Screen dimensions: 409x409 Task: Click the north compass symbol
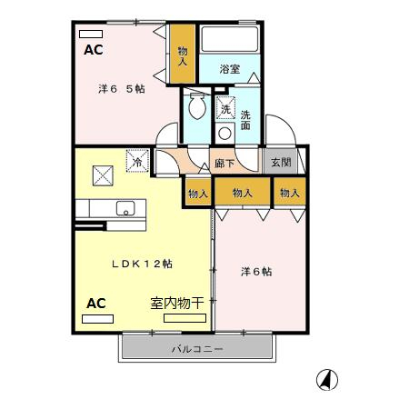[x=327, y=380]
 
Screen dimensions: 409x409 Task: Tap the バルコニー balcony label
[x=197, y=349]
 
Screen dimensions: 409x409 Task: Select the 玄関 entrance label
[x=281, y=163]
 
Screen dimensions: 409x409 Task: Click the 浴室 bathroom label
[x=230, y=69]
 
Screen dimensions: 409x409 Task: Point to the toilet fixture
[x=197, y=105]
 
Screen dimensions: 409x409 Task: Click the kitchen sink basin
[x=125, y=208]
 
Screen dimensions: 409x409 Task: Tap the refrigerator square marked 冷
[x=137, y=161]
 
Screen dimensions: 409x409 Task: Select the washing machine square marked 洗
[x=225, y=108]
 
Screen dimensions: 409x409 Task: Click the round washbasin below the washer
[x=224, y=134]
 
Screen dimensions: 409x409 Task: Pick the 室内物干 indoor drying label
[x=176, y=303]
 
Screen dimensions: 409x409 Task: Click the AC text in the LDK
[x=96, y=304]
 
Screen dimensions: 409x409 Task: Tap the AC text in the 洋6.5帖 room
[x=94, y=50]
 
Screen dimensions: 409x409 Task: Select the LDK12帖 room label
[x=142, y=264]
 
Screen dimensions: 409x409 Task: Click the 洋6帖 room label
[x=256, y=272]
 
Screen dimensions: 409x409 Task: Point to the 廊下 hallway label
[x=224, y=164]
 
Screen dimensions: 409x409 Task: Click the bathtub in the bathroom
[x=230, y=39]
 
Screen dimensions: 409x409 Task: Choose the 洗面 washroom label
[x=245, y=120]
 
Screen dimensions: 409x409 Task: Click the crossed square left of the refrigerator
[x=103, y=175]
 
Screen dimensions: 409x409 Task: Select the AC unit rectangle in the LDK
[x=97, y=319]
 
